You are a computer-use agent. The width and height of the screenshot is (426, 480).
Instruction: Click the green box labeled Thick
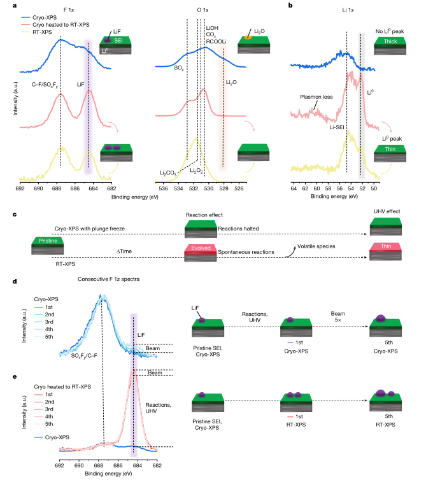click(388, 41)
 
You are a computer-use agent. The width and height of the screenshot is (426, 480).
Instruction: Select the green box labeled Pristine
click(48, 241)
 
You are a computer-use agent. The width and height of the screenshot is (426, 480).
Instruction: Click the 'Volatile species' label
click(316, 245)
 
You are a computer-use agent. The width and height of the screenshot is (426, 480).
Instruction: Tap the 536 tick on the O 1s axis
click(163, 189)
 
